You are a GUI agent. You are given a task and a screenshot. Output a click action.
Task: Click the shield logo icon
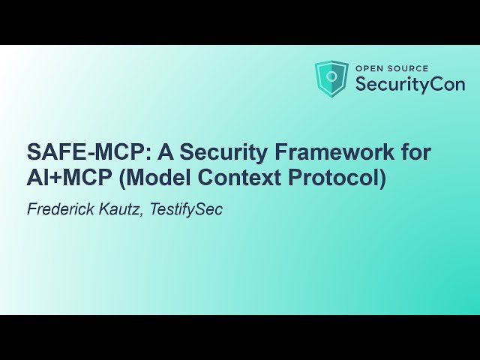pyautogui.click(x=331, y=78)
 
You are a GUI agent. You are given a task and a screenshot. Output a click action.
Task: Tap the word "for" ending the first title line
pyautogui.click(x=416, y=153)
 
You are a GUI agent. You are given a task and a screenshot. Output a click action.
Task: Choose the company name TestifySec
pyautogui.click(x=186, y=208)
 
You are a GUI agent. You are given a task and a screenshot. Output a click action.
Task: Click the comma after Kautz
pyautogui.click(x=142, y=214)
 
